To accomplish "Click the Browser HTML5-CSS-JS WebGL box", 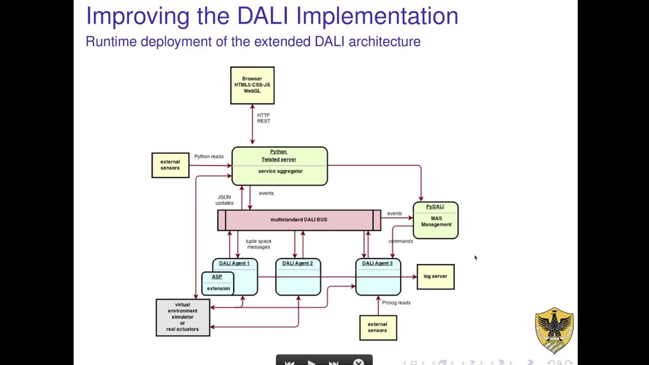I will (x=252, y=85).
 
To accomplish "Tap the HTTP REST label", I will (x=263, y=118).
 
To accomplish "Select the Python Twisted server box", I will (x=279, y=166).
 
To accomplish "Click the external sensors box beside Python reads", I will (x=170, y=165).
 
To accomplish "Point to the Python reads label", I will (x=208, y=157).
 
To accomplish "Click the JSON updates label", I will (x=224, y=200).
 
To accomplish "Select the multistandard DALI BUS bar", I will (x=299, y=220).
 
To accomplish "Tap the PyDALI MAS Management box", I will (x=436, y=220).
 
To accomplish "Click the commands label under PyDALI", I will (x=401, y=241).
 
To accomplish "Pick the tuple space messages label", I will (x=258, y=244).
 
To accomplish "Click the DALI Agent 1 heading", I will (x=234, y=264).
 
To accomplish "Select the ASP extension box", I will (x=218, y=283).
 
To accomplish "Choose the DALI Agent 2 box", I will (x=298, y=277).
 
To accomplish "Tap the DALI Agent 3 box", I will (x=378, y=277).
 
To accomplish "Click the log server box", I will (x=435, y=277).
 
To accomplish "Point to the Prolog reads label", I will (x=396, y=303).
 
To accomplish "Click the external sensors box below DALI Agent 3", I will (x=378, y=327).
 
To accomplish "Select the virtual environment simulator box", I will (x=183, y=317).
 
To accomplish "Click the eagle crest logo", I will (x=554, y=329).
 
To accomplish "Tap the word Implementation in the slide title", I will (x=377, y=16).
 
